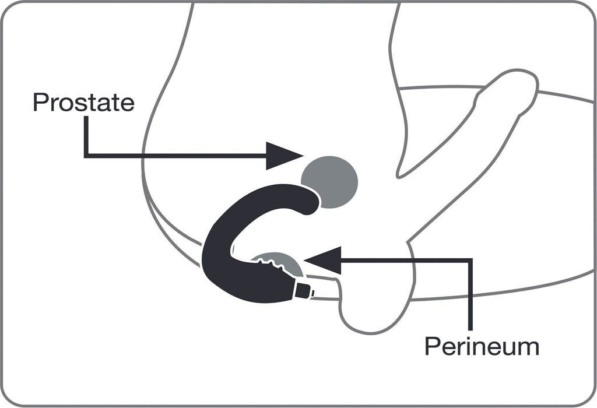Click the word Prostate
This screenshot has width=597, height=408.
tap(84, 102)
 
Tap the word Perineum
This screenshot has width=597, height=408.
tap(482, 346)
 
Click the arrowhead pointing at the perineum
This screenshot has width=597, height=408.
tap(322, 261)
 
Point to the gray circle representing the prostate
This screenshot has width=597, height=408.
tap(330, 182)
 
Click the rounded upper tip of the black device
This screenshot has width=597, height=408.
tap(310, 200)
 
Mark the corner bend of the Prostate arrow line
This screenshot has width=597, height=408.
tap(86, 156)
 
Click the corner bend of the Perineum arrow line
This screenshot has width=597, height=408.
tap(470, 261)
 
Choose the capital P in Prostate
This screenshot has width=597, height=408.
tap(40, 102)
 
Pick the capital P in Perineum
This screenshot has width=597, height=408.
tap(432, 346)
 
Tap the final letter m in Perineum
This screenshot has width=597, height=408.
tap(529, 349)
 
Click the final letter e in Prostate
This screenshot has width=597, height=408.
tap(128, 104)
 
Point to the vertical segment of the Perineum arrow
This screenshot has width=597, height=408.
tap(470, 295)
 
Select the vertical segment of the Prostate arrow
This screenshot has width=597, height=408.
tap(86, 136)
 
